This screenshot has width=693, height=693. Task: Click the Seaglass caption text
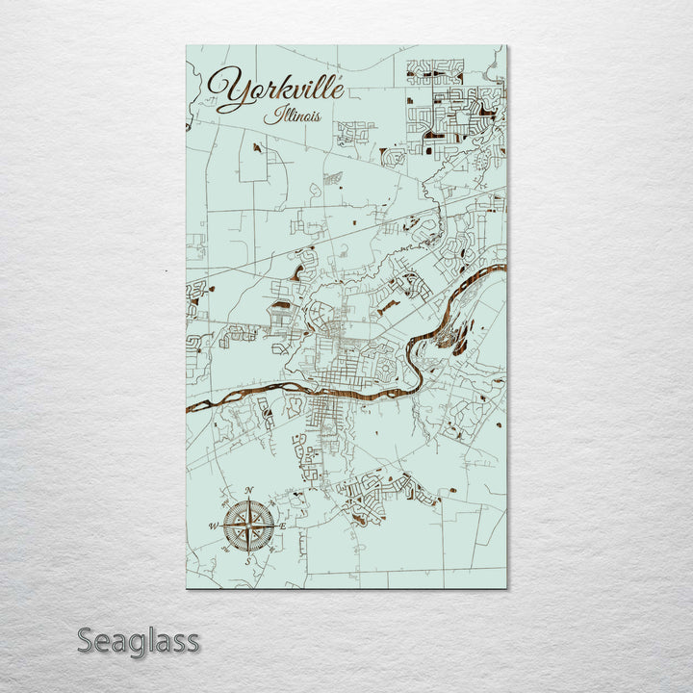pos(138,640)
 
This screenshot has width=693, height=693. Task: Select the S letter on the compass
pos(247,560)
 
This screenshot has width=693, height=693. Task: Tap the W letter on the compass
pos(213,526)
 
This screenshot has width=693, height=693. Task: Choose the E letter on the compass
pos(283,526)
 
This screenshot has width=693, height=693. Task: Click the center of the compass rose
pos(248,526)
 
